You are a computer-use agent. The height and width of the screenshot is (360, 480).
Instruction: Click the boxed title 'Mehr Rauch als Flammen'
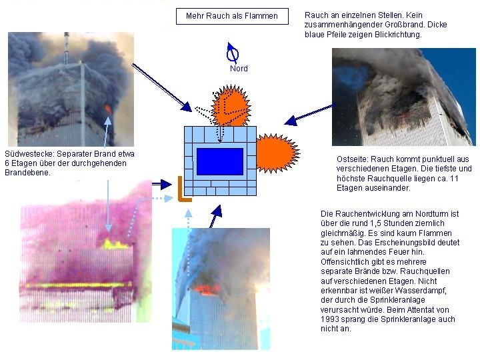[232, 16]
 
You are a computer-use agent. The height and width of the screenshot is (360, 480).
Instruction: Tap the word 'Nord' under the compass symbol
[239, 68]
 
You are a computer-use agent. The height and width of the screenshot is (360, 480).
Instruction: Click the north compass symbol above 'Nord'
[233, 53]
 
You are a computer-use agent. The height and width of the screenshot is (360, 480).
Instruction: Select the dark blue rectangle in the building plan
[220, 161]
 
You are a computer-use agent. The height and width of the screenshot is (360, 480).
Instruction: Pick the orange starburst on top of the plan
[231, 106]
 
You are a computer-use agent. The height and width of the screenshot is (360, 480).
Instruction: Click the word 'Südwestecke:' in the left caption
[30, 154]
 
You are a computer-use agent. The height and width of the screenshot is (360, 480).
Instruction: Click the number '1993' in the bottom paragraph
[330, 319]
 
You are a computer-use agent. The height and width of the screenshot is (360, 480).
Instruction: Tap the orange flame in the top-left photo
[108, 109]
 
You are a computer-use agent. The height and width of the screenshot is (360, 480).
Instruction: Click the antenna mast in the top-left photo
[67, 48]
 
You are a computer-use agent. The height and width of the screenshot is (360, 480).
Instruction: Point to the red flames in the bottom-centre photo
[206, 289]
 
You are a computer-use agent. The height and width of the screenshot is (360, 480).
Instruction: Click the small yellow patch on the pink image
[115, 244]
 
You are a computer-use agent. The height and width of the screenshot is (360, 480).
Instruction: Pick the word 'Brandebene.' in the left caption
[27, 173]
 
